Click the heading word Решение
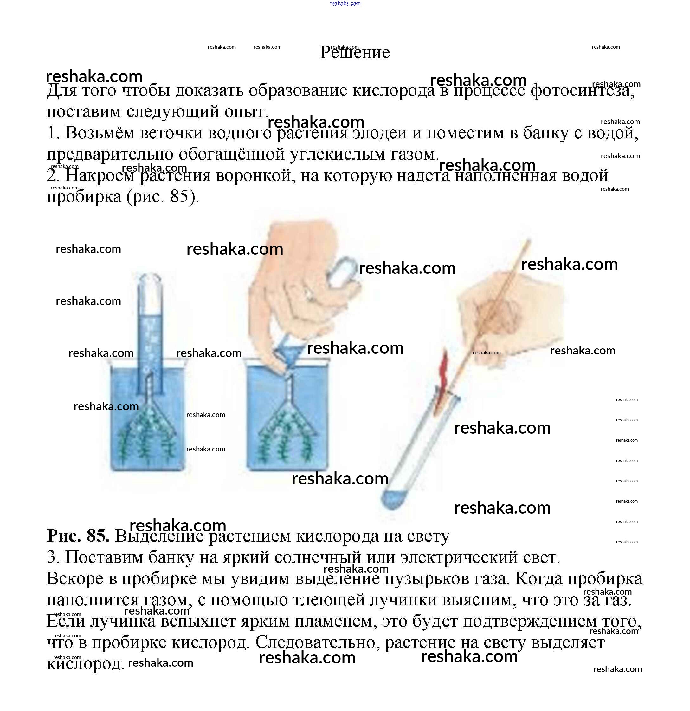pos(355,53)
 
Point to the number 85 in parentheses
pos(179,197)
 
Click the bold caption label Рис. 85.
pos(78,536)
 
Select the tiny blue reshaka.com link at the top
pos(345,3)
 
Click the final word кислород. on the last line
pos(86,664)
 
